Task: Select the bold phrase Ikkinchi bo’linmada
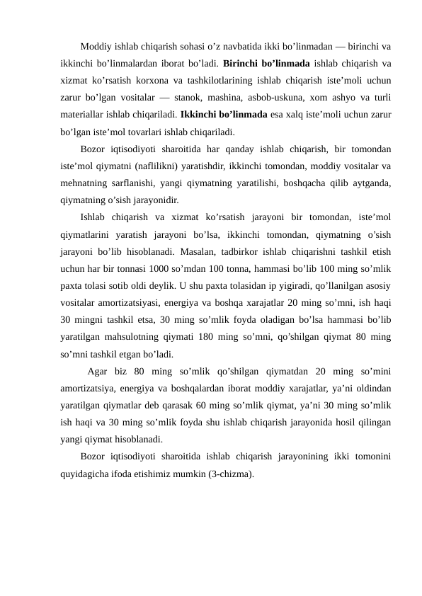(x=224, y=115)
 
